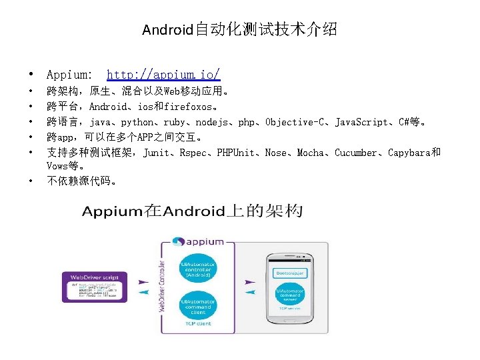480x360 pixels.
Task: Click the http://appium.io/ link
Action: click(163, 75)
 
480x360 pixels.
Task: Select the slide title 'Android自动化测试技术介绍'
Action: click(239, 29)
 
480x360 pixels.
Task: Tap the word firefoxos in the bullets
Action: click(189, 107)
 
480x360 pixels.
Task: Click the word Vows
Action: click(58, 166)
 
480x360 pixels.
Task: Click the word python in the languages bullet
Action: click(137, 123)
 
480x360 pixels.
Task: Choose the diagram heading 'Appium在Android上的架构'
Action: click(193, 212)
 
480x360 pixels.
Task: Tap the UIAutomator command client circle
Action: click(197, 307)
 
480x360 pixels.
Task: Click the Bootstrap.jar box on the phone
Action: click(291, 273)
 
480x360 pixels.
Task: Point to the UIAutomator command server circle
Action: click(291, 296)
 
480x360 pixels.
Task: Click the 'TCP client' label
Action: click(197, 324)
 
